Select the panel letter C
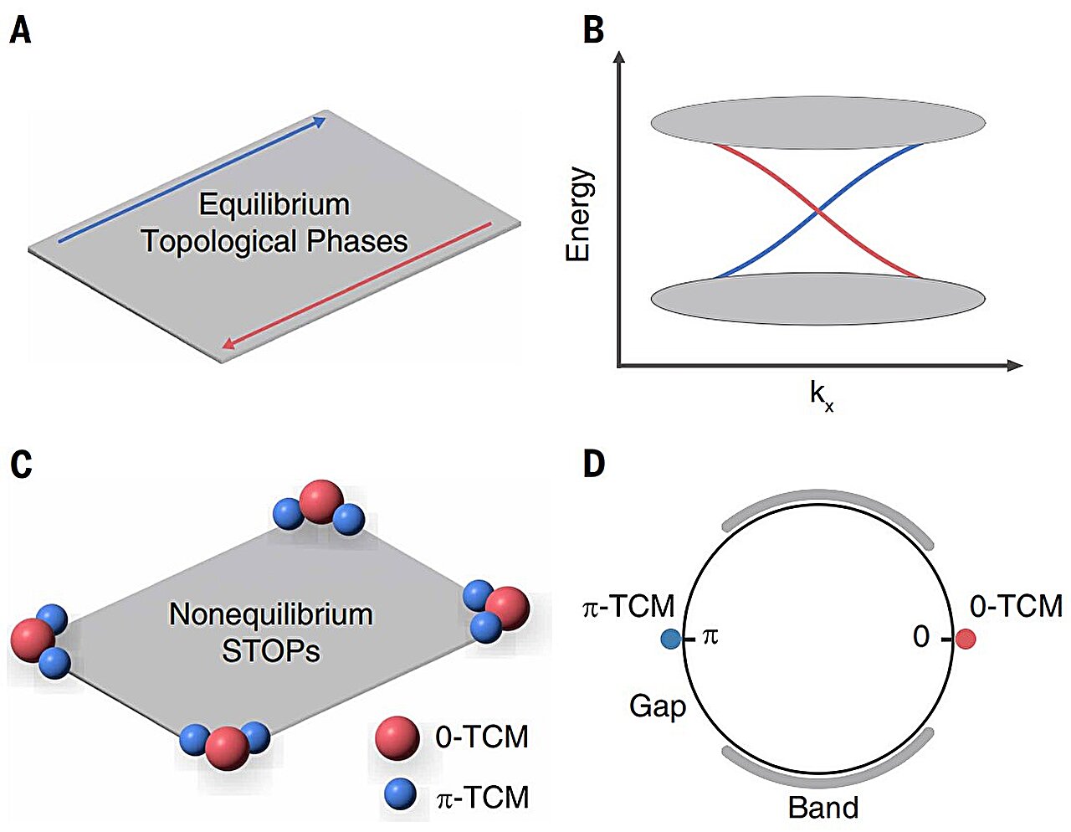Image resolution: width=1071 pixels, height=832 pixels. pyautogui.click(x=20, y=463)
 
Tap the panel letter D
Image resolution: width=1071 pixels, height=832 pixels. pyautogui.click(x=594, y=463)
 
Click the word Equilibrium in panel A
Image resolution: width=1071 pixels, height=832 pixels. pyautogui.click(x=274, y=205)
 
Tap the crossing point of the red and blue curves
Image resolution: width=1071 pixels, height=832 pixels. pyautogui.click(x=817, y=212)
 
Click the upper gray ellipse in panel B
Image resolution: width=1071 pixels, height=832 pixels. pyautogui.click(x=817, y=123)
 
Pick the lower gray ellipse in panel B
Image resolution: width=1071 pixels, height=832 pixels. pyautogui.click(x=817, y=299)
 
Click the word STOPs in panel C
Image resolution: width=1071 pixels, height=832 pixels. pyautogui.click(x=270, y=651)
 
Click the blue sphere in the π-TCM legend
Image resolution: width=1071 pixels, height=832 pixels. pyautogui.click(x=401, y=794)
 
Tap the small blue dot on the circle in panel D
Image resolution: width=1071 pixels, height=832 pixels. pyautogui.click(x=670, y=639)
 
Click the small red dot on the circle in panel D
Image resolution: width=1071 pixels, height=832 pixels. pyautogui.click(x=966, y=639)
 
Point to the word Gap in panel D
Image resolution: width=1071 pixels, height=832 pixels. pyautogui.click(x=658, y=706)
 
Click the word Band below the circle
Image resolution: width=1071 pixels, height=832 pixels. pyautogui.click(x=823, y=808)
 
